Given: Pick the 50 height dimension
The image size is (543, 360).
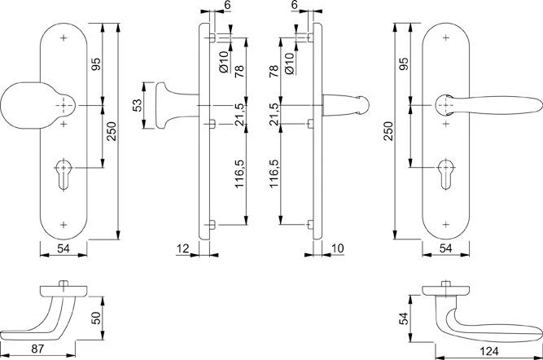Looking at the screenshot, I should coord(95,317).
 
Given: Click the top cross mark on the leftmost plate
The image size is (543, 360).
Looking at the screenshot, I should coord(64,37).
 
